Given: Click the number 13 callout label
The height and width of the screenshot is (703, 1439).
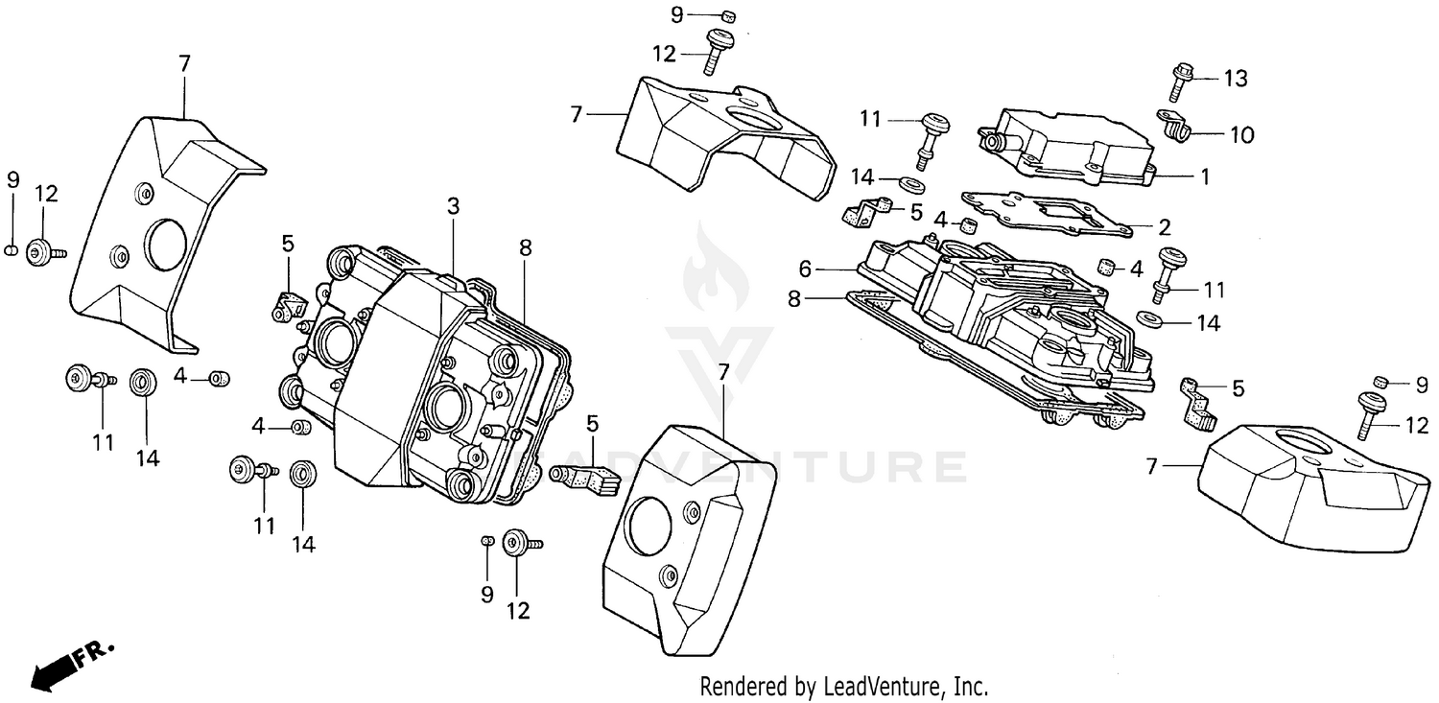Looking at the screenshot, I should click(x=1236, y=79).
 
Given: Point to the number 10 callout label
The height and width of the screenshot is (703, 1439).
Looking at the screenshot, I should click(x=1241, y=135).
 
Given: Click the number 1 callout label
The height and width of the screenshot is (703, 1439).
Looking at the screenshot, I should click(x=1204, y=176).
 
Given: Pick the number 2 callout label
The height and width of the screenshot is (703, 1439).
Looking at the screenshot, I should click(x=1164, y=227).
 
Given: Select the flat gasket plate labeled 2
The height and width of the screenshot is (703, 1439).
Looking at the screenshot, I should click(x=1046, y=216).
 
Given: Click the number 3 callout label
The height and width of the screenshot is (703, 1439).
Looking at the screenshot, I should click(x=453, y=206).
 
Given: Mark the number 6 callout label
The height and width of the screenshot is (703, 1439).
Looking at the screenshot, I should click(x=805, y=270).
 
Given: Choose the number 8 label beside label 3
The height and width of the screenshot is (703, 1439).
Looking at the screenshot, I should click(x=525, y=246).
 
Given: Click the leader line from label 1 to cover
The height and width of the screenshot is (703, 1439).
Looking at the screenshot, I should click(x=1173, y=176).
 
